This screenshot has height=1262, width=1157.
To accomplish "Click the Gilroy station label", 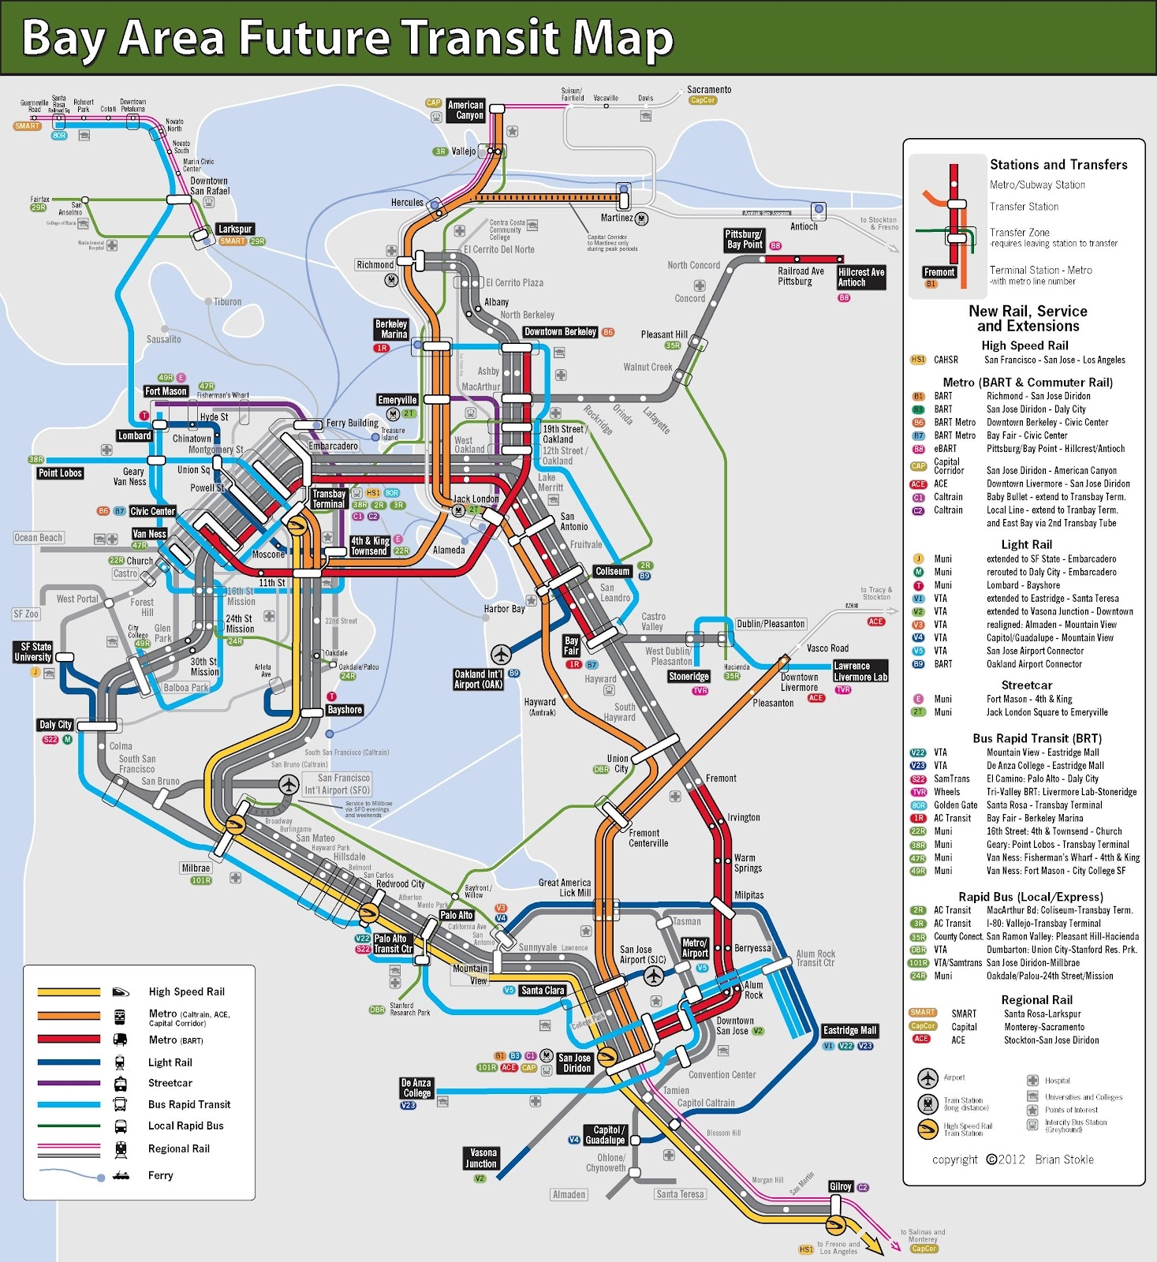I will tap(840, 1186).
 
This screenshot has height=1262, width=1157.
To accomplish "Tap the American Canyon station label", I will tap(465, 110).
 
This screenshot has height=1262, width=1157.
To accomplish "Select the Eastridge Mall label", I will tap(849, 1030).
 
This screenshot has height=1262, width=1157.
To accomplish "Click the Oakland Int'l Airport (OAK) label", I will tap(478, 679).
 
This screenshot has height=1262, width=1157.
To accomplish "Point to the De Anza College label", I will tap(416, 1088).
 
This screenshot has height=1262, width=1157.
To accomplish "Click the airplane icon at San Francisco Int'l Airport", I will tap(289, 785).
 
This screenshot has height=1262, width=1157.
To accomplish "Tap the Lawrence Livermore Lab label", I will tap(860, 671).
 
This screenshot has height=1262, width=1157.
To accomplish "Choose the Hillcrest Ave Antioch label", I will tap(860, 277).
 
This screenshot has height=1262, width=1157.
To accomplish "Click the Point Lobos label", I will tap(60, 472).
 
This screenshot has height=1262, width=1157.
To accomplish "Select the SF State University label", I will tap(32, 652).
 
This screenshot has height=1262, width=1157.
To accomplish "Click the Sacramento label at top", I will tap(708, 89).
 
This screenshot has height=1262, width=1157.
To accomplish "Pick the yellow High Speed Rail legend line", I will tap(69, 992).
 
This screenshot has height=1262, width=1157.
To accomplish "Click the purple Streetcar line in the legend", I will tap(69, 1083).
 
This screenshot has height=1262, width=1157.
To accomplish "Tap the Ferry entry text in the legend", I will tap(160, 1175).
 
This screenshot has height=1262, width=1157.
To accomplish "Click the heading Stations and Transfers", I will tap(1058, 164).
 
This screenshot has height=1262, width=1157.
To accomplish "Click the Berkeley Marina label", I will tap(391, 329).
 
